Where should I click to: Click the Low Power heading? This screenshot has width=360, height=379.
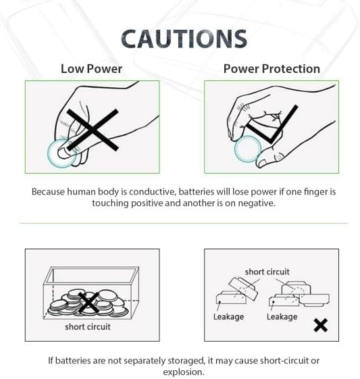click(91, 69)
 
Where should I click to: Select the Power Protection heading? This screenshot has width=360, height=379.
click(272, 69)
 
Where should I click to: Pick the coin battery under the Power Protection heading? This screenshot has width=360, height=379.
click(247, 149)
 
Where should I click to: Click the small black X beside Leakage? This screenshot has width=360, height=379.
click(321, 326)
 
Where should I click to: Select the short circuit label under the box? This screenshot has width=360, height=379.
click(88, 327)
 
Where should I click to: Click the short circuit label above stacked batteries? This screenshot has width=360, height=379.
click(267, 272)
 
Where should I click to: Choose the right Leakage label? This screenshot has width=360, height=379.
click(282, 317)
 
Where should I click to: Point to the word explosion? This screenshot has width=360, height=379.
click(183, 372)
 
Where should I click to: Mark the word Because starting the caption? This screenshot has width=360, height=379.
click(50, 192)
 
